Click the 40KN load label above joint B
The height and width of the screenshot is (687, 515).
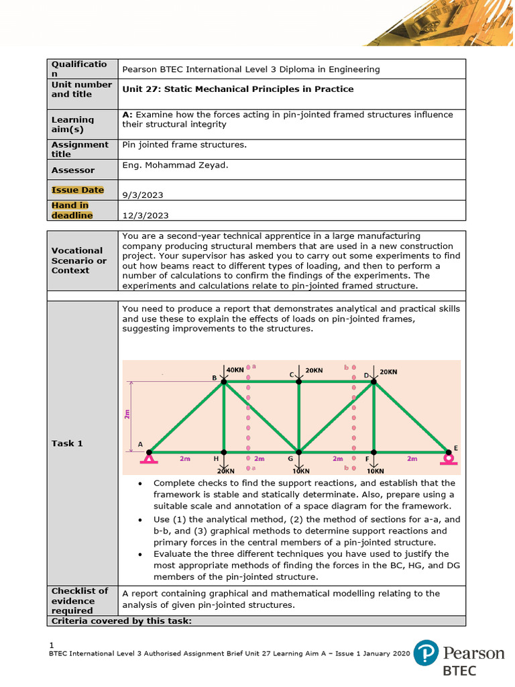(x=235, y=370)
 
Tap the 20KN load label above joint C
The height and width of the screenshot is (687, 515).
(x=314, y=370)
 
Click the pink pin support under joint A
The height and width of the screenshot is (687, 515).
(x=149, y=458)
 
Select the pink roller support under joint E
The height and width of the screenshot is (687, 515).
(x=448, y=459)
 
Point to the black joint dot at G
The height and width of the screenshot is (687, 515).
(x=299, y=452)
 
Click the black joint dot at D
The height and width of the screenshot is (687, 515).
(x=374, y=381)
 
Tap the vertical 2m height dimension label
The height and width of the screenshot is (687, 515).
(x=127, y=415)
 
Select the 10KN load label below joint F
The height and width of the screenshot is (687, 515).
(x=375, y=471)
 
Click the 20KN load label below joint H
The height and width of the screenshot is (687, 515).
(x=225, y=471)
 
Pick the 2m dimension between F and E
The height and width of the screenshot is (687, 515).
(x=412, y=459)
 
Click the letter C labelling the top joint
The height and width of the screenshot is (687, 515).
(x=292, y=374)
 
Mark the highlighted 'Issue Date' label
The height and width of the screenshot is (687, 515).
(x=78, y=190)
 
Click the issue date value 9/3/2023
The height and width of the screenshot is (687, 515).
(x=143, y=195)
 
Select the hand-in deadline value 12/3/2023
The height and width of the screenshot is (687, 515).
(x=146, y=215)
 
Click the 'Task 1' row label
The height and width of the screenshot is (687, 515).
(x=67, y=443)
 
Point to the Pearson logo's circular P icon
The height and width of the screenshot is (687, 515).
(x=426, y=653)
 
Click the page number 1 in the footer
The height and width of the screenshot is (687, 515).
(x=52, y=645)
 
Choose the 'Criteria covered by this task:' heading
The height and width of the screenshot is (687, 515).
(x=121, y=621)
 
